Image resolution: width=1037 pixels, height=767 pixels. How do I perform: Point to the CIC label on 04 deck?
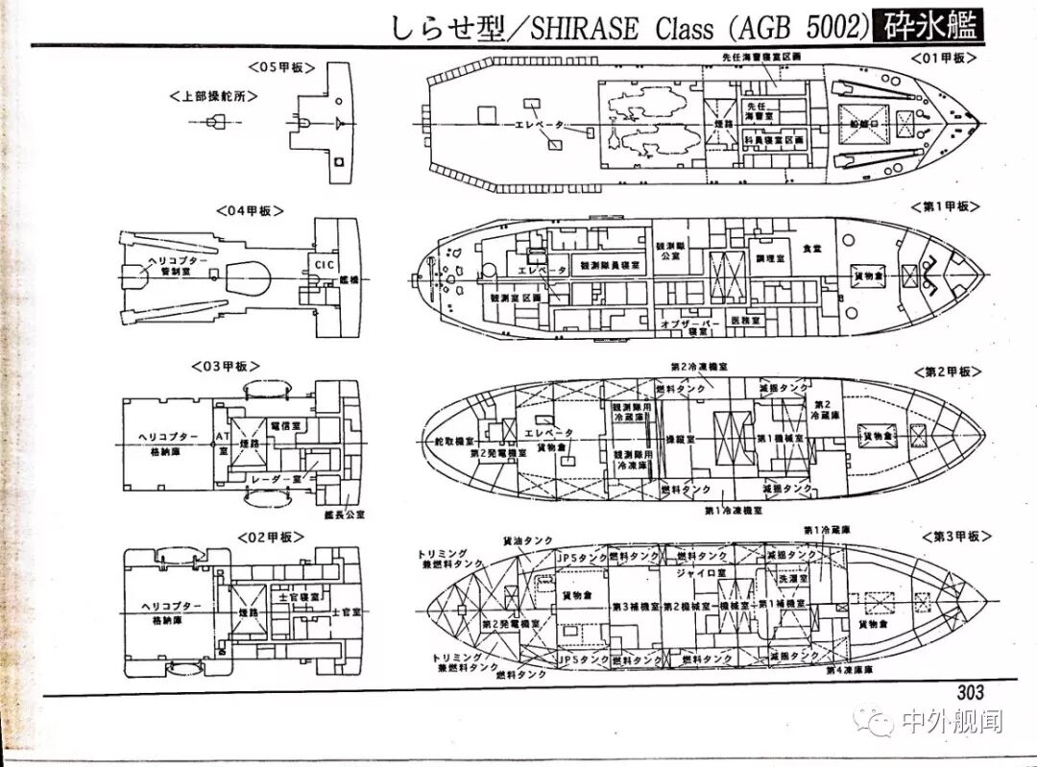point(322,261)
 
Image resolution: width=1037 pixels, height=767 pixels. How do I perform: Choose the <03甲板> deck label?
point(225,366)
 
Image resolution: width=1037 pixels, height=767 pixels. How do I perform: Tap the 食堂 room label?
point(812,249)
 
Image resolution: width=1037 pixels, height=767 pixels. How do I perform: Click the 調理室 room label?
point(773,258)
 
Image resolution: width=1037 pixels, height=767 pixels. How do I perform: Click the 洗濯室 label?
point(792,579)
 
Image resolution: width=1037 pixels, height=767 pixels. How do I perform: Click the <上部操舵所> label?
point(213,97)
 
